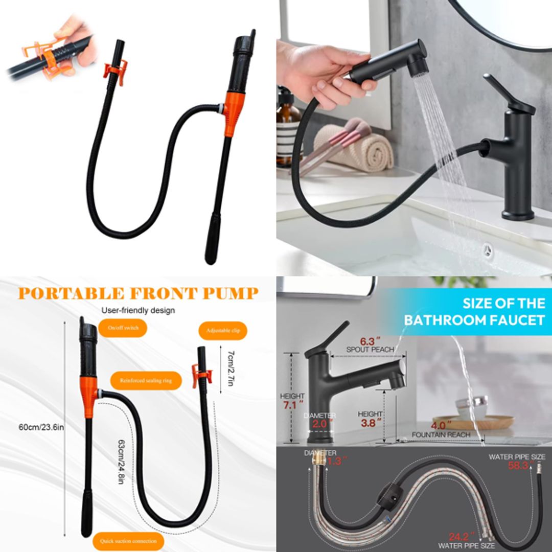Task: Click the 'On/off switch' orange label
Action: click(x=123, y=328)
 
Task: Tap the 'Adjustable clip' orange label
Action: click(x=223, y=331)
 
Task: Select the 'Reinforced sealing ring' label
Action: click(x=146, y=380)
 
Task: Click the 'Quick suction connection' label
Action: click(x=129, y=541)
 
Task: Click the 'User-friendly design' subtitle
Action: click(x=138, y=310)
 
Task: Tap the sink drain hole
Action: click(x=488, y=250)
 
